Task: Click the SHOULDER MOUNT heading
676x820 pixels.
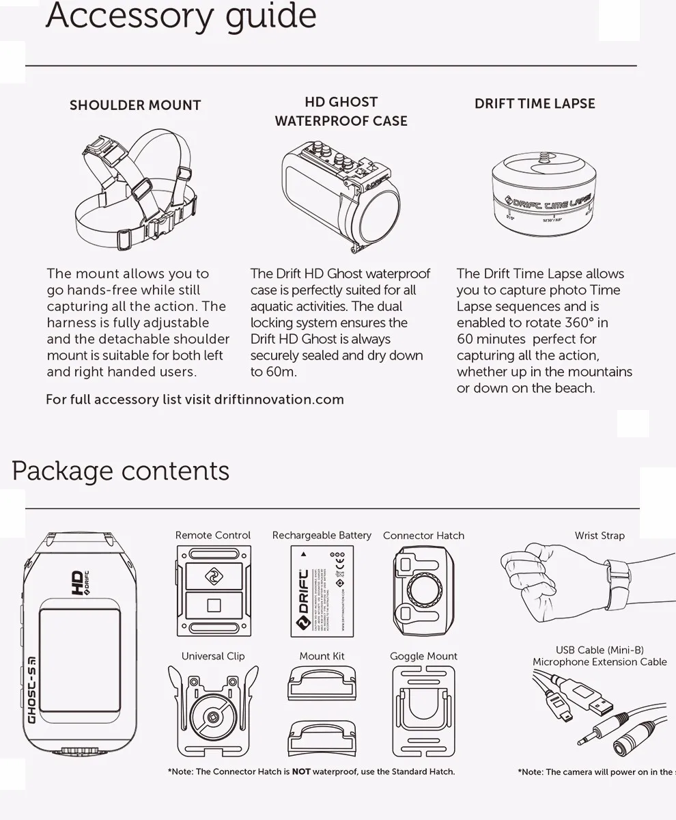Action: click(135, 105)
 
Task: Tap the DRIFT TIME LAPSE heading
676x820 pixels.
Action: click(535, 104)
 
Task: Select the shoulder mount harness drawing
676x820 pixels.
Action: click(135, 191)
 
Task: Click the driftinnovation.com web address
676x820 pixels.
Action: click(279, 399)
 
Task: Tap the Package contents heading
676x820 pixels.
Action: click(120, 471)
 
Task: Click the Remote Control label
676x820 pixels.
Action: click(213, 535)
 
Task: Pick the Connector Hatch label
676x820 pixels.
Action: click(423, 535)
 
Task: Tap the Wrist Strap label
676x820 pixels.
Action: click(600, 535)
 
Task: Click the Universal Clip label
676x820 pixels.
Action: click(213, 656)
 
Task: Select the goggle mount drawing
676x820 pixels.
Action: click(423, 711)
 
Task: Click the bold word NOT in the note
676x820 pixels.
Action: click(301, 771)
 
